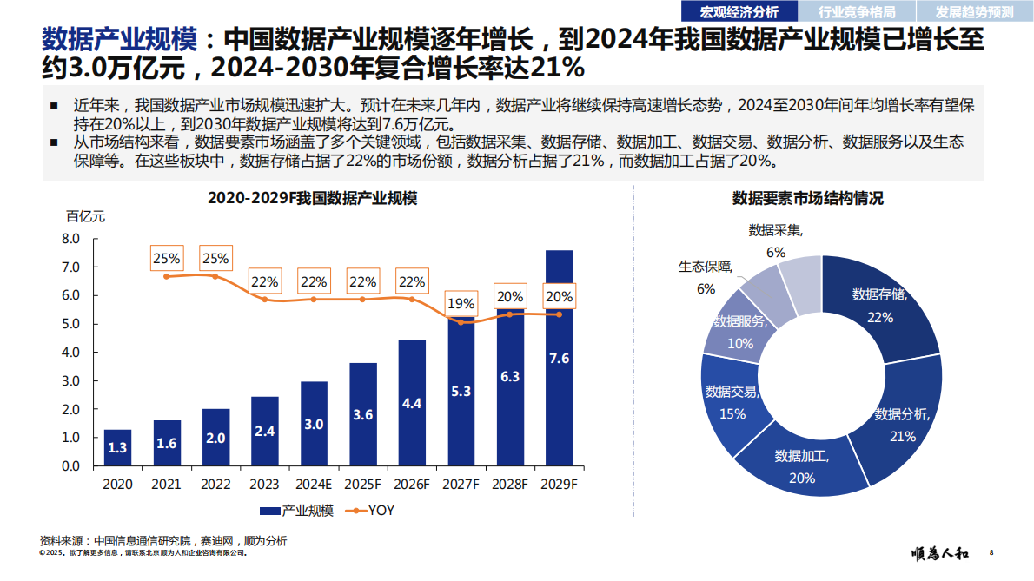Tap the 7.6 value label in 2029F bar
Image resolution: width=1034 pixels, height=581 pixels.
pyautogui.click(x=559, y=359)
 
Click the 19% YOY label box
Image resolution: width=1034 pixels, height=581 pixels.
pyautogui.click(x=461, y=303)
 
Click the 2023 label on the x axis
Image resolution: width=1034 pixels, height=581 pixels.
pyautogui.click(x=264, y=484)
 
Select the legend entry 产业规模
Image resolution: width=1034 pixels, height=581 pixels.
pyautogui.click(x=296, y=511)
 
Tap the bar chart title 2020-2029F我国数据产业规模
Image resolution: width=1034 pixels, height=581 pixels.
pyautogui.click(x=313, y=199)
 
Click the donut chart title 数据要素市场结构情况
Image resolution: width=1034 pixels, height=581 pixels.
pyautogui.click(x=807, y=199)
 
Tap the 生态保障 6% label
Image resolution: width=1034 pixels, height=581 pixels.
pyautogui.click(x=706, y=276)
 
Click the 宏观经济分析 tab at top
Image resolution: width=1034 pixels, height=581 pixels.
pyautogui.click(x=739, y=11)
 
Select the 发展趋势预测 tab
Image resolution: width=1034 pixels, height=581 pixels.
pyautogui.click(x=974, y=11)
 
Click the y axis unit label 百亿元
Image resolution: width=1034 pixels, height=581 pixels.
pyautogui.click(x=85, y=216)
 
